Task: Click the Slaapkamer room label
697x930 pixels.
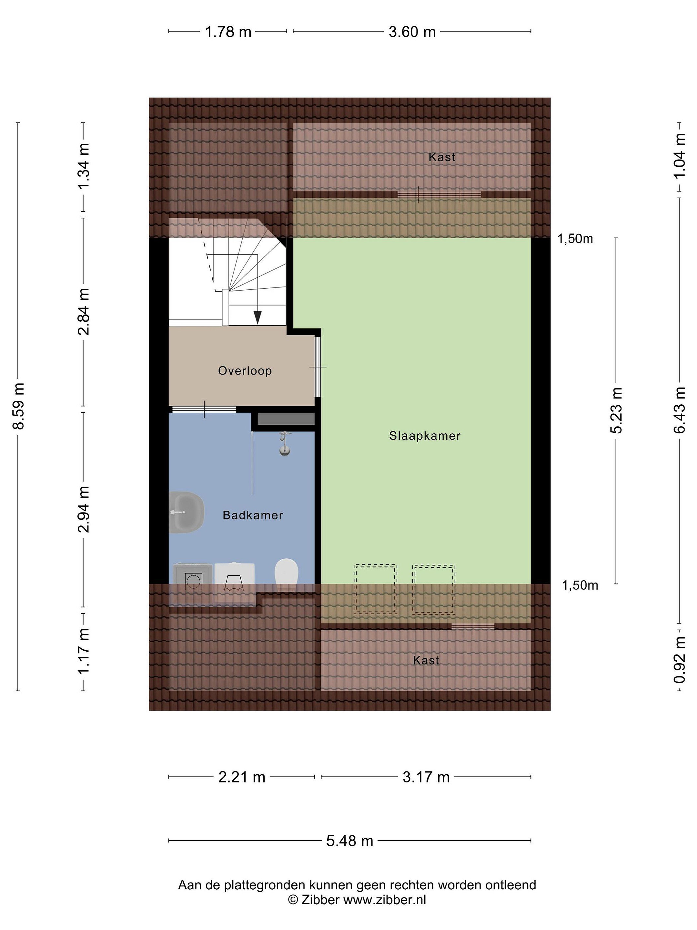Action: click(424, 436)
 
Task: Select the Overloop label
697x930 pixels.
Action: click(245, 370)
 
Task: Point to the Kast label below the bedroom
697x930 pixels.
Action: click(426, 660)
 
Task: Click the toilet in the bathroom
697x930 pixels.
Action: click(287, 574)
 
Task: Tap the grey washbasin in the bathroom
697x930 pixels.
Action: click(186, 512)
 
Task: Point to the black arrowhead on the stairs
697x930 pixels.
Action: click(258, 317)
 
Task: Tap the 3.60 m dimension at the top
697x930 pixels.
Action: click(412, 32)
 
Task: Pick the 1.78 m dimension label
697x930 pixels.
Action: click(228, 32)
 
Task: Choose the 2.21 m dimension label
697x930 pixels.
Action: click(242, 777)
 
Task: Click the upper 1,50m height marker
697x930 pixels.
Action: click(575, 239)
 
